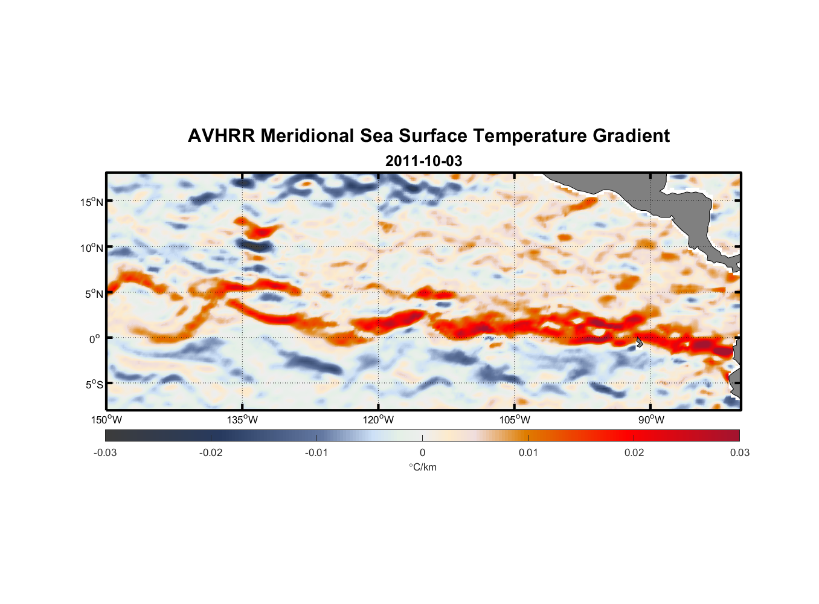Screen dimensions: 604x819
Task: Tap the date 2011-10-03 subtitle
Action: [423, 161]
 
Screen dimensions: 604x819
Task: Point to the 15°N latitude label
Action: [92, 202]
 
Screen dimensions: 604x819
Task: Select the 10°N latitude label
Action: [92, 248]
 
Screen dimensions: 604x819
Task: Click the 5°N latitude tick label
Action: [94, 294]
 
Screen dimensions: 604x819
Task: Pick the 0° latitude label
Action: [95, 339]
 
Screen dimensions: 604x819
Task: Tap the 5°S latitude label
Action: [94, 384]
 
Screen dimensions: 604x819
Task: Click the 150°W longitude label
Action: [106, 420]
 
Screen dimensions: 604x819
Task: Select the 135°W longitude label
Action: [242, 420]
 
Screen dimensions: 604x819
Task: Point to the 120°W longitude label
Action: [378, 420]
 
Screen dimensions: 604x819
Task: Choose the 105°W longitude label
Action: [515, 420]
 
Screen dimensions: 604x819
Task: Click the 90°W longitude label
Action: [651, 420]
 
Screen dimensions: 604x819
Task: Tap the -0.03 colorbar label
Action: [105, 452]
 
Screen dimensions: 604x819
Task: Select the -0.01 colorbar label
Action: [316, 452]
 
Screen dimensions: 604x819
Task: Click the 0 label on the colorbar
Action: [422, 452]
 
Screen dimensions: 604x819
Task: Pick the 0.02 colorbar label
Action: [634, 452]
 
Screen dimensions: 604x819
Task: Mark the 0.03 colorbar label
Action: [739, 452]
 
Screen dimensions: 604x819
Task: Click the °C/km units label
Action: [422, 467]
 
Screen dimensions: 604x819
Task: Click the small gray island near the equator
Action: [639, 342]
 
